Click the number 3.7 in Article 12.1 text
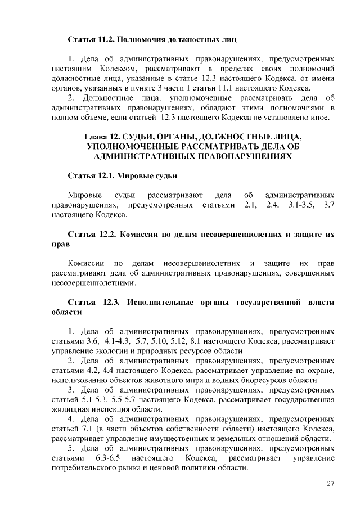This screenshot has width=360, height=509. (330, 205)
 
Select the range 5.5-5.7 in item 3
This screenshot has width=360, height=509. (136, 399)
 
